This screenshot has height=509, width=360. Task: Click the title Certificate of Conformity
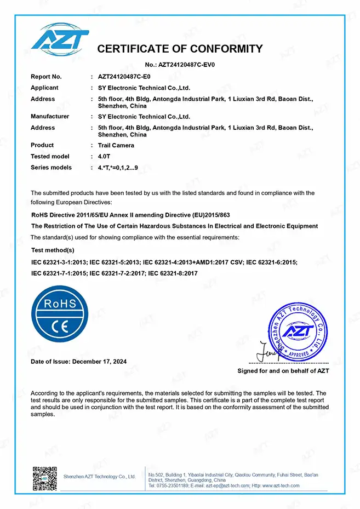coord(180,49)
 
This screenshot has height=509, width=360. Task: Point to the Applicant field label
coord(44,88)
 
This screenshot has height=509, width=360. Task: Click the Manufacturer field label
coord(50,116)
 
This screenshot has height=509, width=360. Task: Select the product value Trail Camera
coord(116,145)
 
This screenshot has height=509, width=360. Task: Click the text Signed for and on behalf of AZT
coord(283,371)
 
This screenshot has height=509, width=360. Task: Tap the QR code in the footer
coord(44,478)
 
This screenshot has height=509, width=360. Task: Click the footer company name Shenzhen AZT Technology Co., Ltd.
coord(99,477)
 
